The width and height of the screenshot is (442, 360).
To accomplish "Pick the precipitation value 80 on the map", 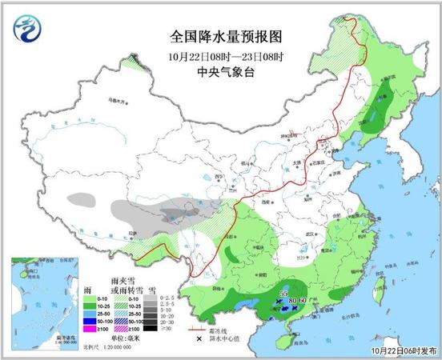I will (295, 301).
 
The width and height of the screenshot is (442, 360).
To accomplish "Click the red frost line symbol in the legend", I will (196, 329).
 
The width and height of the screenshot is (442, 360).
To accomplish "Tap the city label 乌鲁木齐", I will (119, 102).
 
